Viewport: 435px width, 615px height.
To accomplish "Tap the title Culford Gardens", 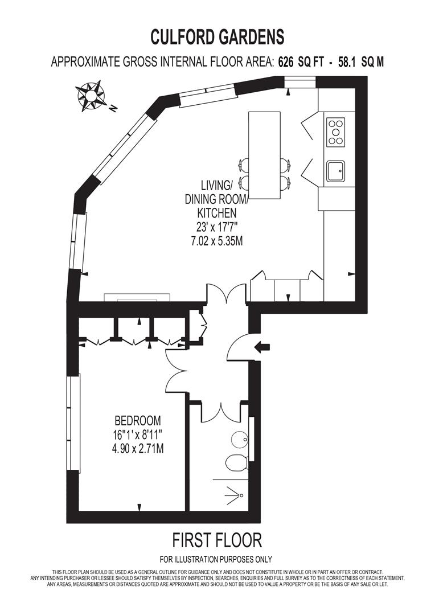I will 217,37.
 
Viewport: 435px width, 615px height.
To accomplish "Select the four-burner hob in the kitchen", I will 336,132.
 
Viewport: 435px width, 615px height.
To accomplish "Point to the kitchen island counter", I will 265,155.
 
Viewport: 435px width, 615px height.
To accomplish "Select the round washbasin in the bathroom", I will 239,439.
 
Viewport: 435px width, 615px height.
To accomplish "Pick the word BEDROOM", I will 138,421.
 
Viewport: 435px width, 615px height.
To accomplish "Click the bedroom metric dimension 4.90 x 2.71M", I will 138,448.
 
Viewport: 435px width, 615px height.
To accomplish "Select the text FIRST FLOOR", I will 217,539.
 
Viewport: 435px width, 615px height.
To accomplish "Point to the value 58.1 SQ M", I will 361,63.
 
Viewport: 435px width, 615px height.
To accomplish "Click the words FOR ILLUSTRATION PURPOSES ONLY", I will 216,559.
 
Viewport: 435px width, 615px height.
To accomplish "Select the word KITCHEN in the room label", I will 216,213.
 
